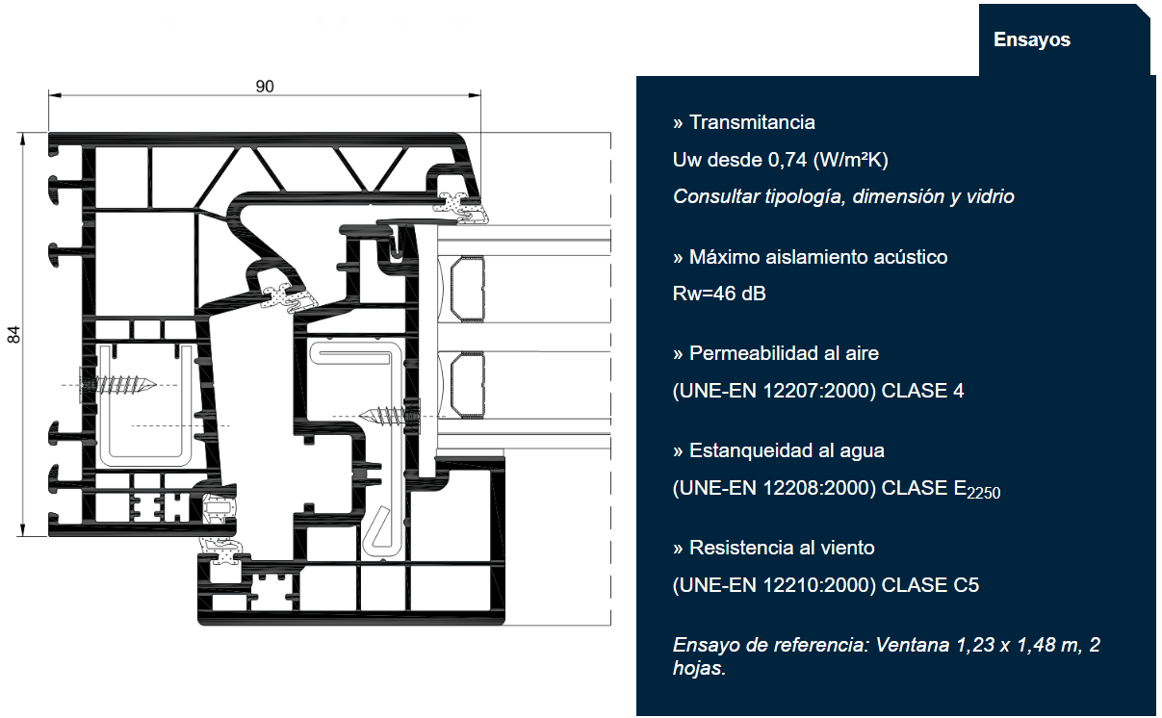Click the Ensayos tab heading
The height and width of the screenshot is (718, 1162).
click(1032, 39)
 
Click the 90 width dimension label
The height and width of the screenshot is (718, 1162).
click(265, 86)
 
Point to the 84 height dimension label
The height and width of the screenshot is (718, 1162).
click(14, 335)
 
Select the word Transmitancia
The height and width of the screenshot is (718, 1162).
click(752, 122)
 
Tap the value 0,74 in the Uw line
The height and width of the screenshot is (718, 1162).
click(788, 160)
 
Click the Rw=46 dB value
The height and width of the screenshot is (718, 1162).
click(719, 294)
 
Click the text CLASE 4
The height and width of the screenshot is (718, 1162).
click(922, 391)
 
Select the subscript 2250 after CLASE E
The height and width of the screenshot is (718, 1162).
click(984, 493)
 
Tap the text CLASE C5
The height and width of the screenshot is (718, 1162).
click(930, 585)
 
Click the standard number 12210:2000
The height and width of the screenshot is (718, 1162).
click(817, 585)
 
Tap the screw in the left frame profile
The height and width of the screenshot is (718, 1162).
click(117, 384)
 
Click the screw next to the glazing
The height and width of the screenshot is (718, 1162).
click(390, 416)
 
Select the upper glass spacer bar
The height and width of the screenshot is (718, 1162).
click(467, 289)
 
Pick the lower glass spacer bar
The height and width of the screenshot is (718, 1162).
click(467, 385)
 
